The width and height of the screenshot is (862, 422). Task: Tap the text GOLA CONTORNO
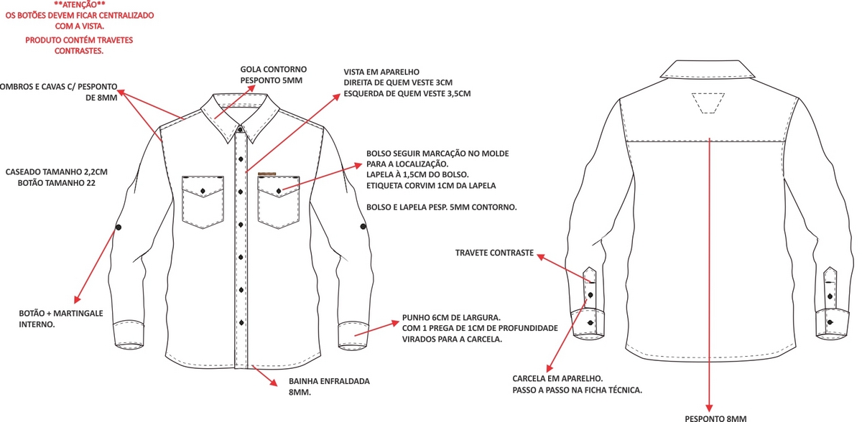pos(272,70)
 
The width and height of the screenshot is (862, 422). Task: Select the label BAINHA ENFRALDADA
pos(329,381)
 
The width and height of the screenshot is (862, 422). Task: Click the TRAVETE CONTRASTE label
pos(494,253)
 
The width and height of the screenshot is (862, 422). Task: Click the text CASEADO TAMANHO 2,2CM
pos(56,172)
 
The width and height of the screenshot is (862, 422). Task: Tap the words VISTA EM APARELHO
pos(381,72)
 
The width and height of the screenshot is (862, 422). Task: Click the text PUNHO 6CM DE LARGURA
pos(451,316)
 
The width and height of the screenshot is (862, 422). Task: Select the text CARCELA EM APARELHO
pos(557,378)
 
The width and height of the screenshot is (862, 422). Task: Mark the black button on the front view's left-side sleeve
pos(118,228)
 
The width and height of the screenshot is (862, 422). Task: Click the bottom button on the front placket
pos(241,322)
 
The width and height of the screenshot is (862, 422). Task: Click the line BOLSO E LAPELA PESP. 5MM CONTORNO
pos(442,207)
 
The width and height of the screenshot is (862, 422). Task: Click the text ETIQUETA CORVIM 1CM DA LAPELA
pos(431,186)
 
